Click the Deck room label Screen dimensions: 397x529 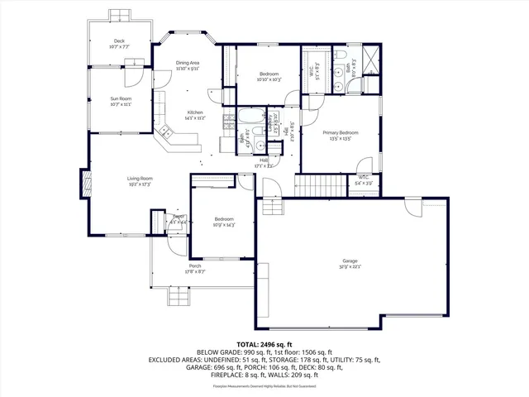coord(119,41)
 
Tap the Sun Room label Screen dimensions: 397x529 coord(121,98)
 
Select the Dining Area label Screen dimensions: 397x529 coord(188,63)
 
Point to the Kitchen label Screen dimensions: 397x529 coord(195,112)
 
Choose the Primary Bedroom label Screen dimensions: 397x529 coord(341,132)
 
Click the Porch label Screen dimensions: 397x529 coord(195,265)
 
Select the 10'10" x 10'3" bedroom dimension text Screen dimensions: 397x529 coord(269,80)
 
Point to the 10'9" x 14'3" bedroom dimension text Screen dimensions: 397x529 coord(224,224)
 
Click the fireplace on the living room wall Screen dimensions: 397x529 coord(84,181)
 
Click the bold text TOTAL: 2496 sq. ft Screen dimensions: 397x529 coord(264,343)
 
